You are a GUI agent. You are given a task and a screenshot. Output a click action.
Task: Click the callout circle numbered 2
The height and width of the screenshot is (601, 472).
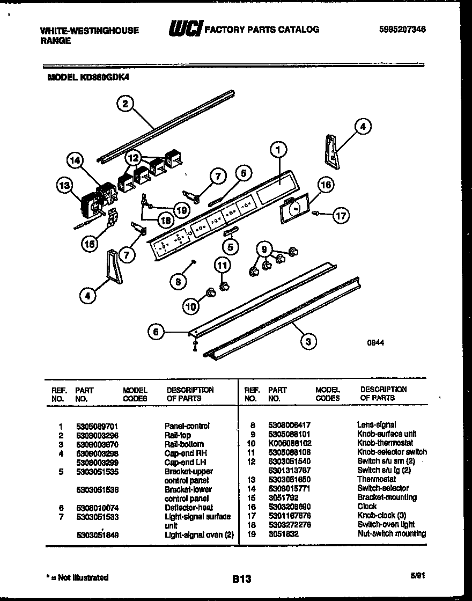tap(125, 104)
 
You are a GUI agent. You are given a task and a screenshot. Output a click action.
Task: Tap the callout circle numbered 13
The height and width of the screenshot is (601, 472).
tap(64, 186)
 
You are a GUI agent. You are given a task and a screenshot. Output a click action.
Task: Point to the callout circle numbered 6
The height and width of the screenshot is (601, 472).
tap(156, 333)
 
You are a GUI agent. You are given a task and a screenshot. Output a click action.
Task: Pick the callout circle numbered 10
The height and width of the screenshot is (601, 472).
tap(191, 306)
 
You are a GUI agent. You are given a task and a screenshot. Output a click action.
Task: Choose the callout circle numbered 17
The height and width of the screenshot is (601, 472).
tap(341, 216)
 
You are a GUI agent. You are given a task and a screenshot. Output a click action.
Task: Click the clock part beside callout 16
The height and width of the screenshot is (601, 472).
tap(294, 208)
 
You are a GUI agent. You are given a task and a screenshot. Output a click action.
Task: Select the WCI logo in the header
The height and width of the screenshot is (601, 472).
tap(185, 29)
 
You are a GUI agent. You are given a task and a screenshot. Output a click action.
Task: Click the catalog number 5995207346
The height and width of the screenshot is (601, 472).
tap(402, 30)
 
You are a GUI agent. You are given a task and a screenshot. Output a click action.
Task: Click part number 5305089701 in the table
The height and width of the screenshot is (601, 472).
tap(98, 426)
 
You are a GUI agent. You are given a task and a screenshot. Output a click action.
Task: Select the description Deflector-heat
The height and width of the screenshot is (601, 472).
tap(189, 507)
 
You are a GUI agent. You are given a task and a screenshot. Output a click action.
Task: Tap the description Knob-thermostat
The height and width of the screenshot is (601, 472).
tap(385, 443)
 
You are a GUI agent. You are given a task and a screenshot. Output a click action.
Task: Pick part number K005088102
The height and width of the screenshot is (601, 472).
tap(290, 443)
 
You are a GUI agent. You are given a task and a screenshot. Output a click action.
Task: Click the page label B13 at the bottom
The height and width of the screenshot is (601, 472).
tap(242, 578)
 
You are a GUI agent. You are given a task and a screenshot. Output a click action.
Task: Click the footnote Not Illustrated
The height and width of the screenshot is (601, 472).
tap(77, 577)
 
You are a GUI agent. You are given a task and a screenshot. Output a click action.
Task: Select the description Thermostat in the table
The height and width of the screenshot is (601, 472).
tap(377, 479)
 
